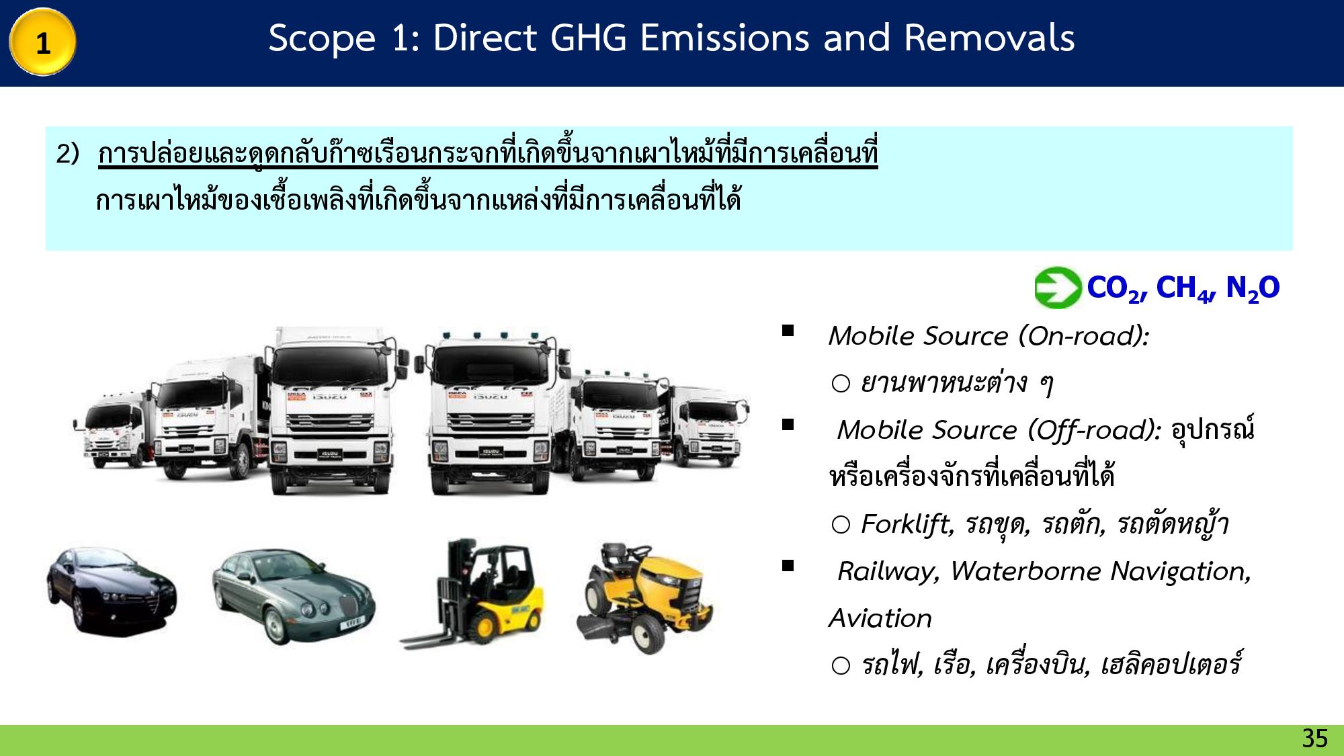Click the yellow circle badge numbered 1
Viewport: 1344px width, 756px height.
coord(42,42)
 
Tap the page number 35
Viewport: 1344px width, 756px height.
coord(1314,738)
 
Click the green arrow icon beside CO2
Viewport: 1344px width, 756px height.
coord(1057,288)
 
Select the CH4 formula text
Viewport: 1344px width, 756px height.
coord(1185,288)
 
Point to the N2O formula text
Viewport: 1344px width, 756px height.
coord(1253,288)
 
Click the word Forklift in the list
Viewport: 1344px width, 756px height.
coord(907,524)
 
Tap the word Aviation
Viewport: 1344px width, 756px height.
coord(880,618)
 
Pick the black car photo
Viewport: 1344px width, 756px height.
coord(112,591)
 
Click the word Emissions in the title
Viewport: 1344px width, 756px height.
coord(725,38)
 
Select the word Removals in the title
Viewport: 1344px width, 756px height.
coord(989,38)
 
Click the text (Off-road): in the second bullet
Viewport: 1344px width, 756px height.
coord(1095,430)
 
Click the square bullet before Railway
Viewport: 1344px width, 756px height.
coord(788,566)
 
